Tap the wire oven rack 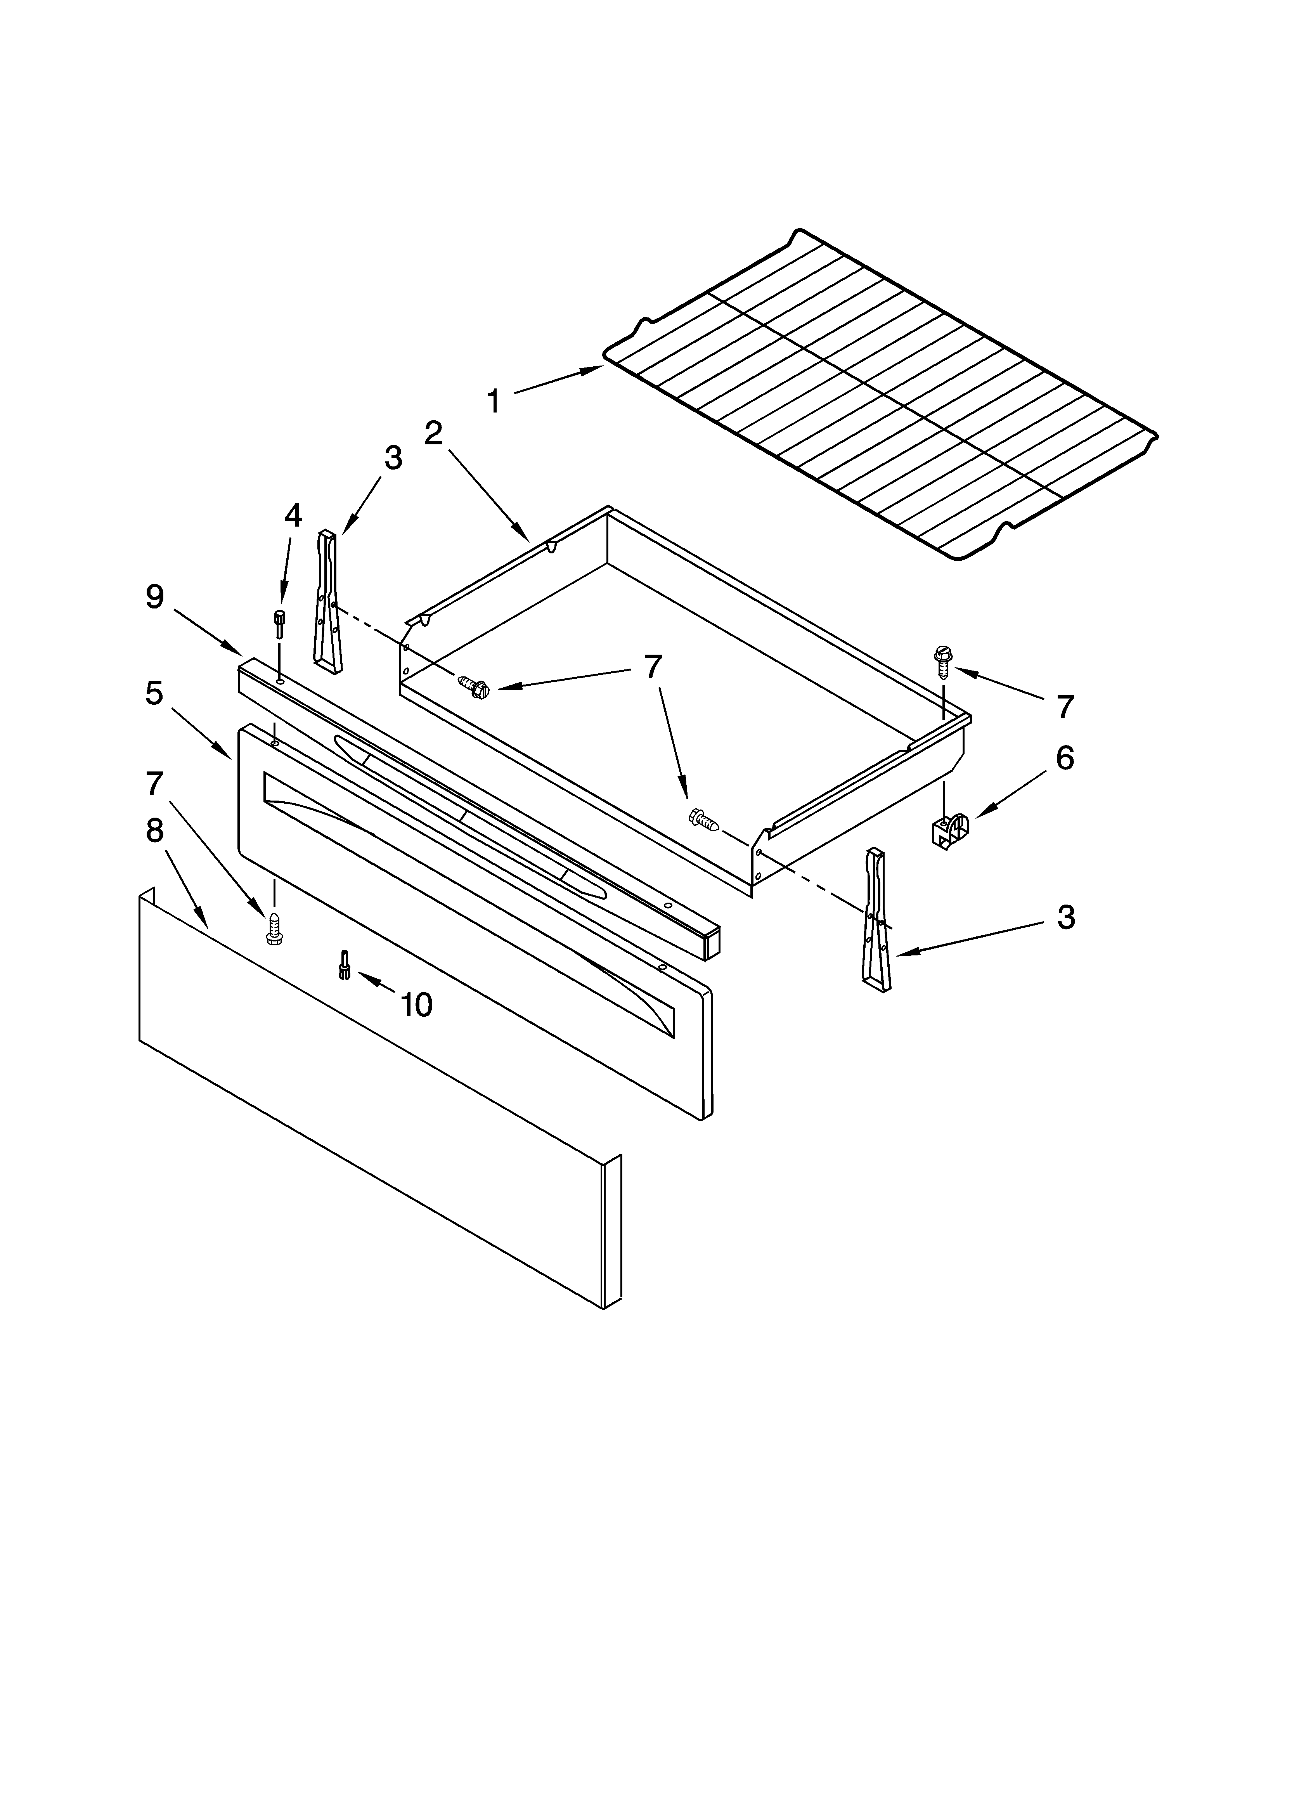coord(878,395)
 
